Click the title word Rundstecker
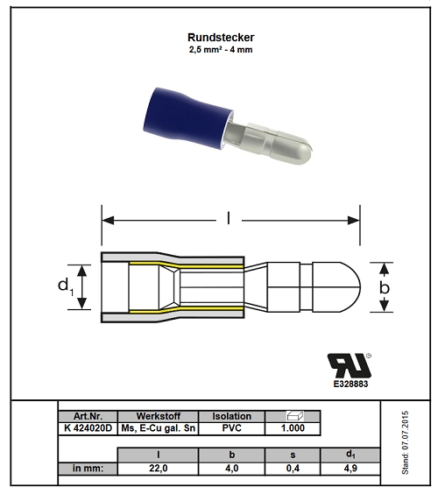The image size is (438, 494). tap(221, 37)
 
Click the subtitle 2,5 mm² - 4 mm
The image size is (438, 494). tap(221, 49)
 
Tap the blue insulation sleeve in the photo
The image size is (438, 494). tap(187, 116)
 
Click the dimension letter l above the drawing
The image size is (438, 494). tap(229, 218)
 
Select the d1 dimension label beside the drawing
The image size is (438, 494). tap(66, 286)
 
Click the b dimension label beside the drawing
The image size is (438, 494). tap(385, 287)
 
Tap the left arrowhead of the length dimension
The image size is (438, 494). tap(108, 220)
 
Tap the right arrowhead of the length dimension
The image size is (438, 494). tap(354, 220)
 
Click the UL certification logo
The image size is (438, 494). tap(350, 365)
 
